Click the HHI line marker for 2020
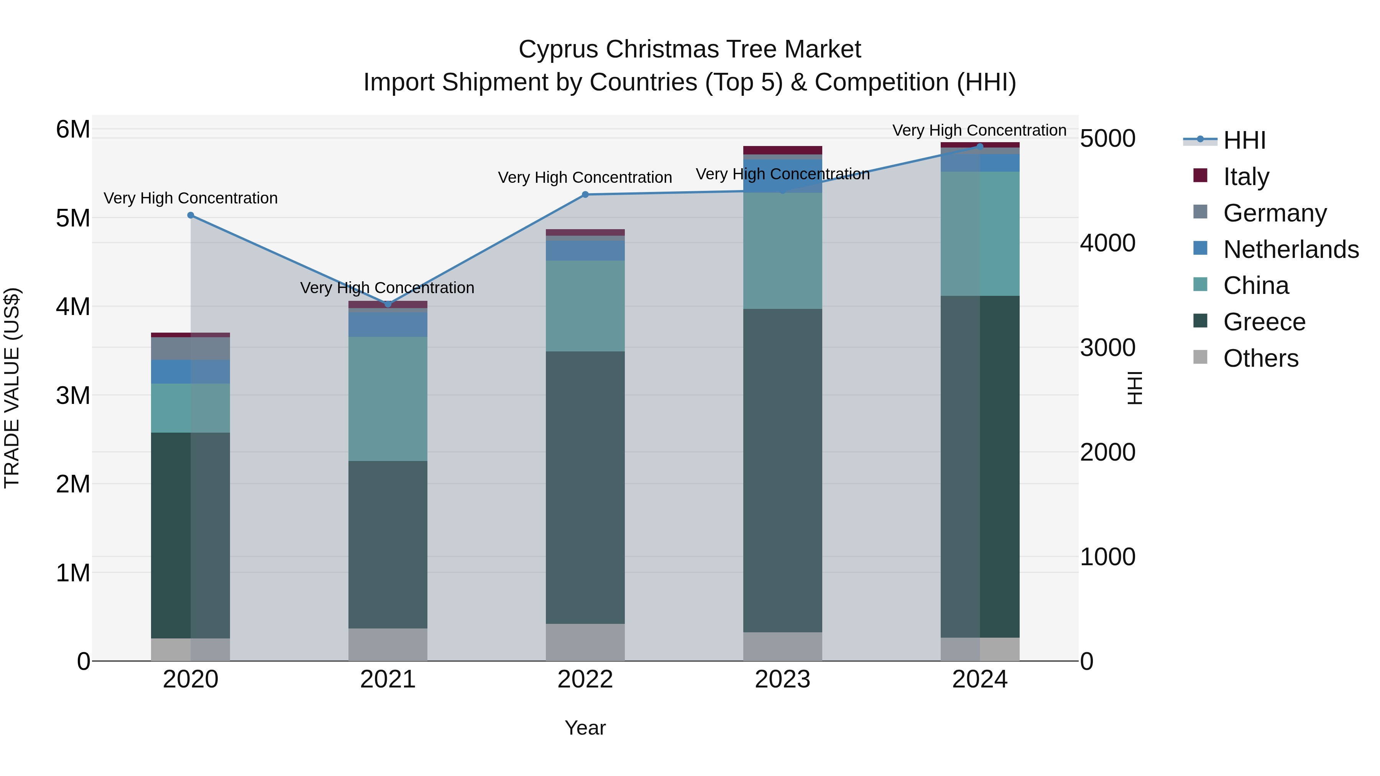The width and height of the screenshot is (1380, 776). pyautogui.click(x=191, y=215)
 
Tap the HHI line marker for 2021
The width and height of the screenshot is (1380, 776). pyautogui.click(x=388, y=304)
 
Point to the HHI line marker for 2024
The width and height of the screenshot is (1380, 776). pyautogui.click(x=980, y=146)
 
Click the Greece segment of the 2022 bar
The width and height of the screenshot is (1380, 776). pyautogui.click(x=585, y=487)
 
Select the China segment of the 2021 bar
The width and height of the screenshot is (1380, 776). pyautogui.click(x=388, y=399)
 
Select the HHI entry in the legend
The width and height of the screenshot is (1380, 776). pyautogui.click(x=1244, y=140)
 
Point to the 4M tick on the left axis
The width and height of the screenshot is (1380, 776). pyautogui.click(x=73, y=307)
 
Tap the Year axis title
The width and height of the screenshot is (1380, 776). pyautogui.click(x=585, y=728)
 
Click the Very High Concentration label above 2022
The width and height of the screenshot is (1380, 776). pyautogui.click(x=585, y=177)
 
